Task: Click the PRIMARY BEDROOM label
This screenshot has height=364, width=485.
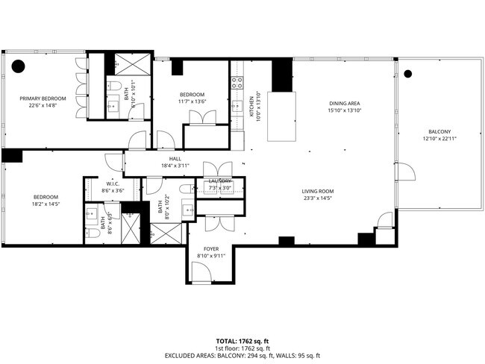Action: pyautogui.click(x=43, y=98)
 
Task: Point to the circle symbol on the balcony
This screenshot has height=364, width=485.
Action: pyautogui.click(x=407, y=74)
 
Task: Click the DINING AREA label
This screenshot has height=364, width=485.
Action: pyautogui.click(x=345, y=103)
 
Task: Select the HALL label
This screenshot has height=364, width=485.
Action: pyautogui.click(x=175, y=158)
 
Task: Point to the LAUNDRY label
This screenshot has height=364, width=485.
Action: pyautogui.click(x=220, y=181)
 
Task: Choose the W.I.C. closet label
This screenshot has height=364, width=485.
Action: pyautogui.click(x=113, y=183)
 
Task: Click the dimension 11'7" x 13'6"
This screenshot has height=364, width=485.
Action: pyautogui.click(x=192, y=102)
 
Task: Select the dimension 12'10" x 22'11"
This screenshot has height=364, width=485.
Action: pyautogui.click(x=439, y=138)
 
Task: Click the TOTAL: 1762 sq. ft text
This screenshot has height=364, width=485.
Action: pyautogui.click(x=242, y=340)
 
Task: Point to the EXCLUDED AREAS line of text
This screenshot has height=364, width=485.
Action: pyautogui.click(x=242, y=355)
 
